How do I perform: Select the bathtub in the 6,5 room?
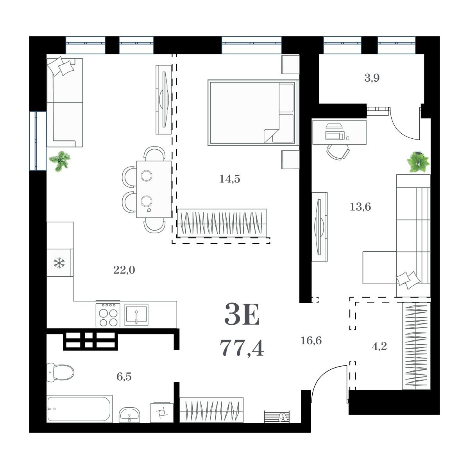click(79, 409)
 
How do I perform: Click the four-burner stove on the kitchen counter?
click(108, 315)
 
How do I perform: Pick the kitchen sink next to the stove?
click(136, 315)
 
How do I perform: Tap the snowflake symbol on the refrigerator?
click(59, 263)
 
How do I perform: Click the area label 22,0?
click(124, 270)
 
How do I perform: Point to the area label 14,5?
click(229, 179)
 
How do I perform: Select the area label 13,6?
click(360, 207)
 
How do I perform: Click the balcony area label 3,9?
click(372, 78)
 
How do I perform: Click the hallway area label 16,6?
click(311, 340)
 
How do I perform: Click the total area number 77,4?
click(242, 347)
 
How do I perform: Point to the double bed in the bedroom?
click(252, 113)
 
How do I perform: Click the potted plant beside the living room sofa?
click(61, 161)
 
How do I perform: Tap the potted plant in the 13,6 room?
click(418, 161)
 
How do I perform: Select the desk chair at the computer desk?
click(338, 152)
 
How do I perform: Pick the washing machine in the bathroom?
click(161, 412)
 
